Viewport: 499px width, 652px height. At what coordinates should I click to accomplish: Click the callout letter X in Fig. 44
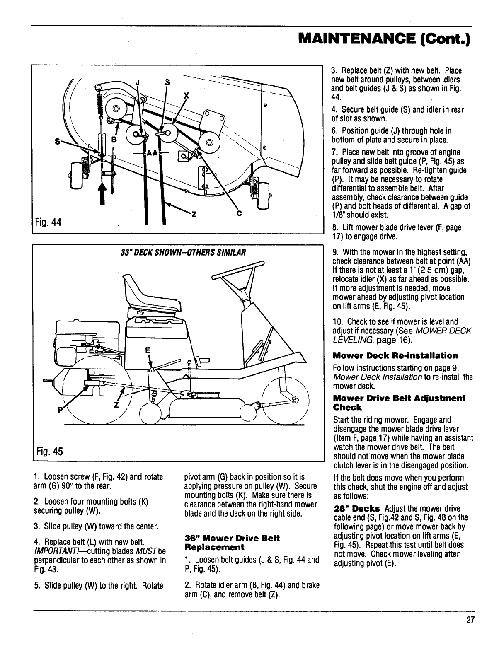click(187, 95)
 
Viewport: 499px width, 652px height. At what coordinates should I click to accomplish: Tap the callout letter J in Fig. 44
click(137, 82)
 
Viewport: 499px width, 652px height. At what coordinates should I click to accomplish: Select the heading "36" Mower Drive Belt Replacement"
click(232, 542)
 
